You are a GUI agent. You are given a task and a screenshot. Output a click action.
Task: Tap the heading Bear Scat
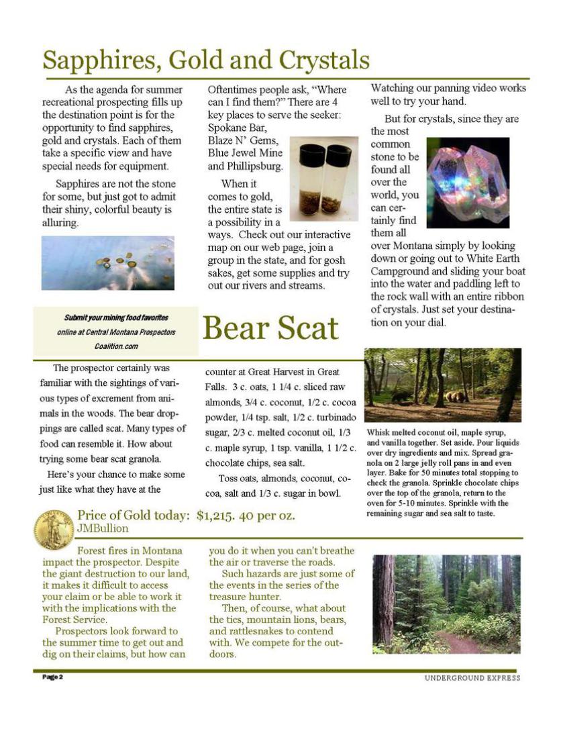coord(270,328)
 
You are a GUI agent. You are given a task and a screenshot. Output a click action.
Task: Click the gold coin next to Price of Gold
coord(54,528)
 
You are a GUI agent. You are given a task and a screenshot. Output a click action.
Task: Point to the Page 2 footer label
coord(52,677)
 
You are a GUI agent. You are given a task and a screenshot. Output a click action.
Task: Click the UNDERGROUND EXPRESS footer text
coord(472,678)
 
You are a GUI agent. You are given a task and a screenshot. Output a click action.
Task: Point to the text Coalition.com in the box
coord(116,346)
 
